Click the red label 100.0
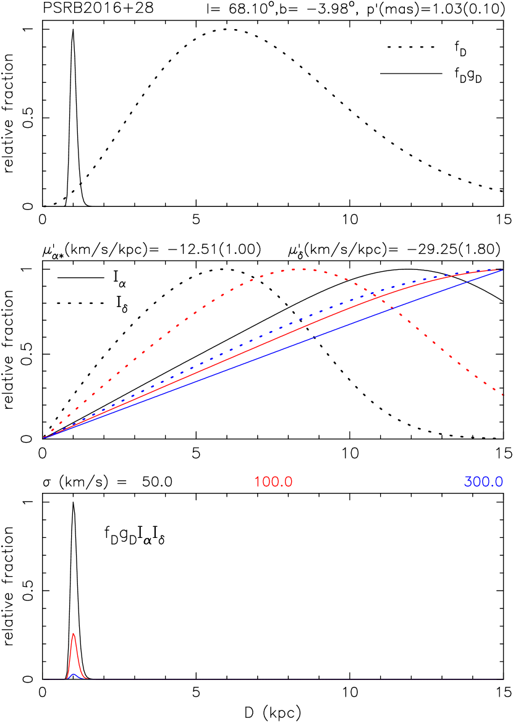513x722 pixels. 273,482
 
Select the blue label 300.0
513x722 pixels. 483,482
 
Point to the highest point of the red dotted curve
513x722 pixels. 302,269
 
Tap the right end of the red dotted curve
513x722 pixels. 502,394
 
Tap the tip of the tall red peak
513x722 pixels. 74,634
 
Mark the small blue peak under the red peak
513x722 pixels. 73,674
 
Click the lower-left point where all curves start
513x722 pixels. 45,437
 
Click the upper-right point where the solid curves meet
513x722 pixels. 501,270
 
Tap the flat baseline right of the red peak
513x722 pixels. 278,679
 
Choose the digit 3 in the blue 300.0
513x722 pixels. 468,482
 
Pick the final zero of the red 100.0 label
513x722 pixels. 288,482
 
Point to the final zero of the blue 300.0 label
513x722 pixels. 498,482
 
